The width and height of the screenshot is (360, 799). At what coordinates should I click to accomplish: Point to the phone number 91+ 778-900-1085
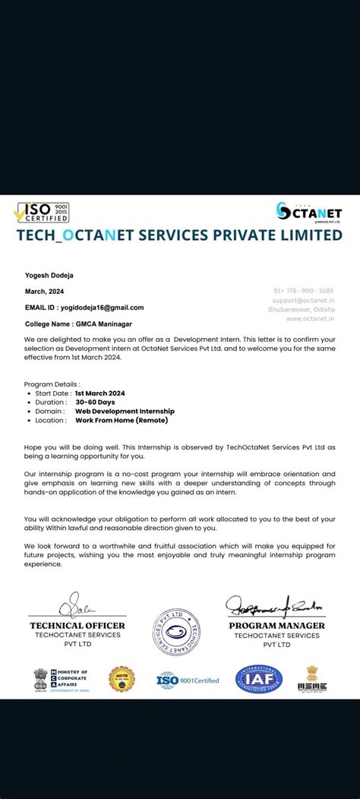[303, 291]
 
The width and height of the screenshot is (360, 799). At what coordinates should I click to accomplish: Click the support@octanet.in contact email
[303, 300]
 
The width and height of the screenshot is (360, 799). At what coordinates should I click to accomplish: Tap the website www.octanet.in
[310, 318]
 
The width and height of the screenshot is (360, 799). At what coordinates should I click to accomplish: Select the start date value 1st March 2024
[99, 393]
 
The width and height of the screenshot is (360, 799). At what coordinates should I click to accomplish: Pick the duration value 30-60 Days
[95, 402]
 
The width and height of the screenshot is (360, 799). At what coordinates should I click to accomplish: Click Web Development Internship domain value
[125, 411]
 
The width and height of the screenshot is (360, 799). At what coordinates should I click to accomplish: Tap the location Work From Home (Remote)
[122, 420]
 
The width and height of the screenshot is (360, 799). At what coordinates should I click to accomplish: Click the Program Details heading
[52, 384]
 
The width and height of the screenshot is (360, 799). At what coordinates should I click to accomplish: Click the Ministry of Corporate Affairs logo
[61, 678]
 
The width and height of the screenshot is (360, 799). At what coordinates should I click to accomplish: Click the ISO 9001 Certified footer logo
[188, 680]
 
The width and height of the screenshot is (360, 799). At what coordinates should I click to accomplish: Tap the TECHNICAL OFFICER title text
[77, 626]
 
